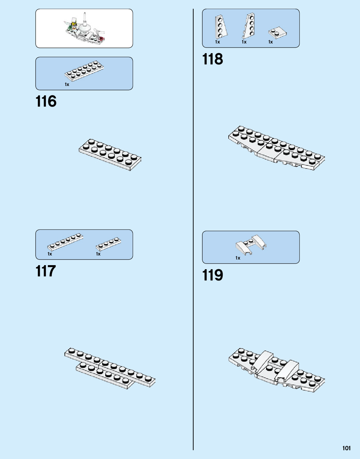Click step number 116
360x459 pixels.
[46, 102]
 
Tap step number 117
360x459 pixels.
[46, 271]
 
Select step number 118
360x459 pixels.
[213, 59]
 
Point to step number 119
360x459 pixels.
[213, 275]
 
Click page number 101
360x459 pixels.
[347, 448]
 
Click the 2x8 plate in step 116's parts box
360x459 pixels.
[84, 71]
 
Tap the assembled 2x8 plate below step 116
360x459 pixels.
[110, 154]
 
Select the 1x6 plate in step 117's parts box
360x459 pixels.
[65, 242]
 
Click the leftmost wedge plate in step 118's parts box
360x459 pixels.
[221, 28]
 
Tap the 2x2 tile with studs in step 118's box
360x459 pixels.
[277, 33]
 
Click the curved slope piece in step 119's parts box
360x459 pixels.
[251, 244]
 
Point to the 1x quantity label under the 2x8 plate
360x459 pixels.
[67, 84]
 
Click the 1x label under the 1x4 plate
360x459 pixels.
[98, 254]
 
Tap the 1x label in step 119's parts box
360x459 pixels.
[238, 258]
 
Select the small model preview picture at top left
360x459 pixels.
[84, 28]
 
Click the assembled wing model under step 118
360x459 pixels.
[276, 148]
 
